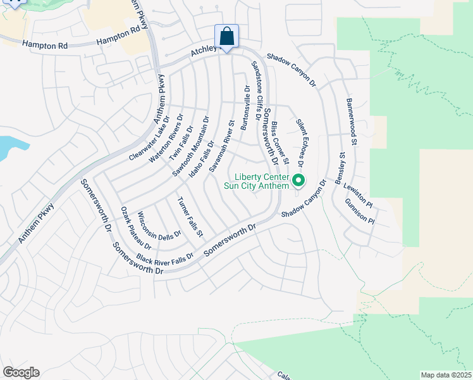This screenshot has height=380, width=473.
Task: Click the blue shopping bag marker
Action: pyautogui.click(x=226, y=37)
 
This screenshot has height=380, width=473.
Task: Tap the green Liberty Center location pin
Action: pyautogui.click(x=299, y=181)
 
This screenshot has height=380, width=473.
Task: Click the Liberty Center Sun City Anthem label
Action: pyautogui.click(x=261, y=181)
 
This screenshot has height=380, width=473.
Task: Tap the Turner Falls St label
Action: pyautogui.click(x=190, y=217)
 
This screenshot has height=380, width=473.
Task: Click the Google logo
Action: pyautogui.click(x=21, y=372)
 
